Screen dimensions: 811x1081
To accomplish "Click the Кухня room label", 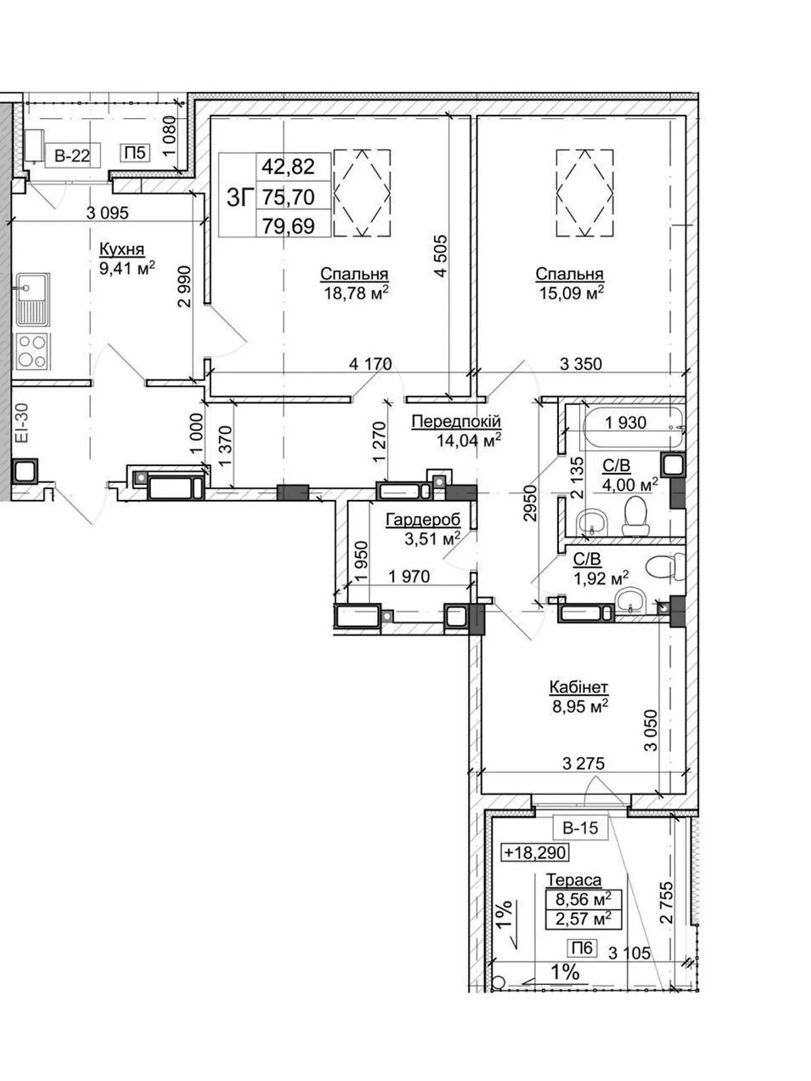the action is [x=122, y=249].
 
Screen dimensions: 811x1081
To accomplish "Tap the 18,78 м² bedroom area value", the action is [x=356, y=293].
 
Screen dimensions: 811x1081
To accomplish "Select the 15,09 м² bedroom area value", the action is [x=570, y=293].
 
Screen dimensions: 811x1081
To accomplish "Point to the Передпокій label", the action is [x=456, y=422].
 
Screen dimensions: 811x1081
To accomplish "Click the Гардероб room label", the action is [x=423, y=520].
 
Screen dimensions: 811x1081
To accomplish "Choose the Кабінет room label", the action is [x=579, y=687].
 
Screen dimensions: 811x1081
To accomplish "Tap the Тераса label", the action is [x=574, y=880].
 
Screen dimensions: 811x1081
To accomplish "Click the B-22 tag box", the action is [x=72, y=155].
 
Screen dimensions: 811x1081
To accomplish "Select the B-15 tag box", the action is [x=581, y=828].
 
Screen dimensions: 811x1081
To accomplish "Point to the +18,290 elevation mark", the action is [x=535, y=853].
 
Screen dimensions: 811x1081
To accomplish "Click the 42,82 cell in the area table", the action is [x=288, y=166].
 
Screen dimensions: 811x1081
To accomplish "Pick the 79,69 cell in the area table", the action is [x=288, y=226].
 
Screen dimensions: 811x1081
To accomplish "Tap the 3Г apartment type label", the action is [x=240, y=198].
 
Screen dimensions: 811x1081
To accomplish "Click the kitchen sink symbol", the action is [x=34, y=299].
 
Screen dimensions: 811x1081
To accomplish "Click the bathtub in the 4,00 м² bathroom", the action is [x=633, y=425].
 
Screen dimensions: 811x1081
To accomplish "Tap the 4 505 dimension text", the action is [x=441, y=255].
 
